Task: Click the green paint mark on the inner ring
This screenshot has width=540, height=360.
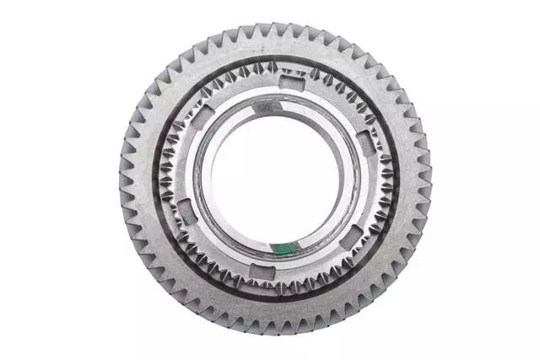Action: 287,247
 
